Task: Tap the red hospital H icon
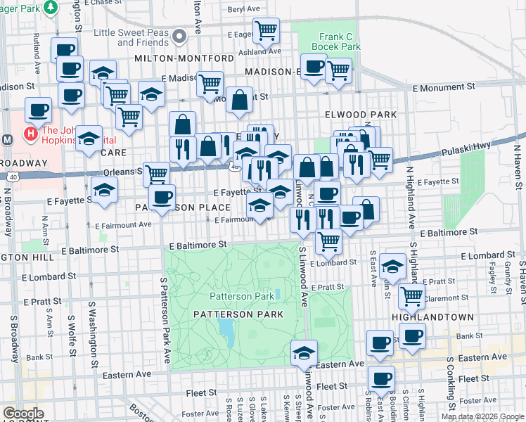pyautogui.click(x=31, y=132)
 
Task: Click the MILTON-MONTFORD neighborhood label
pyautogui.click(x=184, y=58)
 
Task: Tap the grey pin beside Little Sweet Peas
pyautogui.click(x=180, y=35)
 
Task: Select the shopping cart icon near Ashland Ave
pyautogui.click(x=266, y=30)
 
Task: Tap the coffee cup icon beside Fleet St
pyautogui.click(x=381, y=378)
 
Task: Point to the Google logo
pyautogui.click(x=23, y=414)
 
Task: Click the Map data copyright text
pyautogui.click(x=482, y=416)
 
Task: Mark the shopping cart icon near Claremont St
pyautogui.click(x=411, y=295)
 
